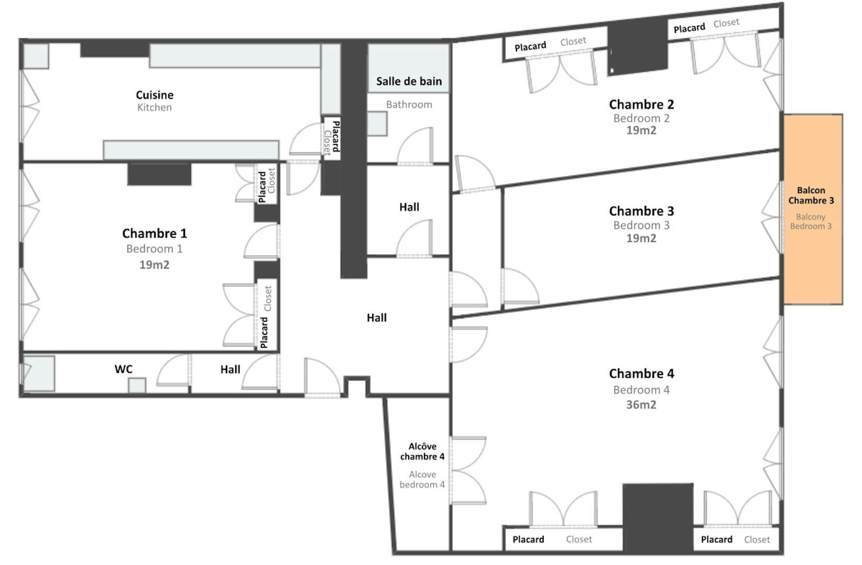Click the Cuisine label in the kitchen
point(155,95)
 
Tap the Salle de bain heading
point(409,81)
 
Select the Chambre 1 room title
point(154,233)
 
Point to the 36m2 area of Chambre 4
point(641,405)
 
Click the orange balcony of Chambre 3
point(813,209)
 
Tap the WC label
point(123,369)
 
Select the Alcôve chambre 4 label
point(422,451)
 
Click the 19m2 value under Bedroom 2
point(641,131)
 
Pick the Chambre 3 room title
point(641,211)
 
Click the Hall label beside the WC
point(230,370)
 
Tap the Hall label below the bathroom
point(409,207)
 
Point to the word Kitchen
point(154,107)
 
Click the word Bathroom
point(409,105)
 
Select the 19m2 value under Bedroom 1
point(154,265)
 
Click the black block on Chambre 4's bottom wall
point(658,517)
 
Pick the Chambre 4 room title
point(641,374)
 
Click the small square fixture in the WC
point(137,385)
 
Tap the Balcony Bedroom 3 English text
point(811,221)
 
